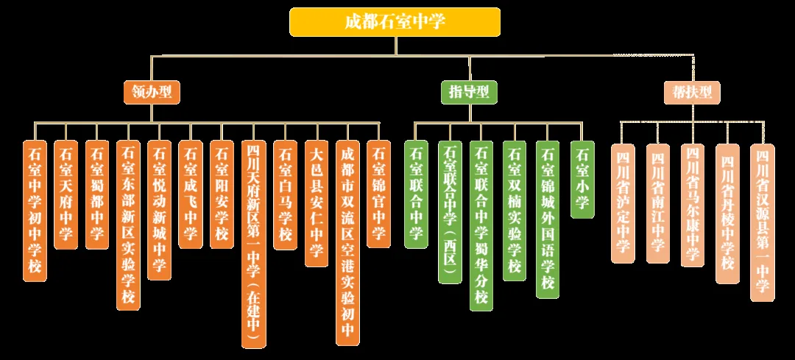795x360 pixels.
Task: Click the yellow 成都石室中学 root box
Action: pyautogui.click(x=395, y=22)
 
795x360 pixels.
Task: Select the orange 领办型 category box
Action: pyautogui.click(x=152, y=92)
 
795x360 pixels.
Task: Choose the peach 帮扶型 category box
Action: pyautogui.click(x=692, y=92)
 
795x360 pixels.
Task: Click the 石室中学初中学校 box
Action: pyautogui.click(x=35, y=211)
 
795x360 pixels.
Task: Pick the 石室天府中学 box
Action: pyautogui.click(x=66, y=194)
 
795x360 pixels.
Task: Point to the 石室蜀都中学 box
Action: pyautogui.click(x=97, y=194)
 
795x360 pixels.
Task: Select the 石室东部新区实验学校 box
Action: pyautogui.click(x=128, y=225)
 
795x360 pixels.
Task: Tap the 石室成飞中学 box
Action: pyautogui.click(x=190, y=194)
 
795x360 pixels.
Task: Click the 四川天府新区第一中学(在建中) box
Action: pyautogui.click(x=253, y=244)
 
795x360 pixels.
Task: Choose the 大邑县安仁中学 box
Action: pyautogui.click(x=317, y=203)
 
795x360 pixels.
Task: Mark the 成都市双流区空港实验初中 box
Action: pyautogui.click(x=347, y=242)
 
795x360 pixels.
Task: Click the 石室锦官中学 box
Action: pyautogui.click(x=378, y=194)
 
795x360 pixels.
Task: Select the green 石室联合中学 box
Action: pyautogui.click(x=416, y=194)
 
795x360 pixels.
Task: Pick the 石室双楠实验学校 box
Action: pyautogui.click(x=515, y=211)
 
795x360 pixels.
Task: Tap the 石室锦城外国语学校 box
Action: pyautogui.click(x=548, y=219)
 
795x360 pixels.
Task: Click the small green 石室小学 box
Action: pyautogui.click(x=582, y=179)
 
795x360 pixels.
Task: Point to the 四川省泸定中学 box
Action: pyautogui.click(x=623, y=203)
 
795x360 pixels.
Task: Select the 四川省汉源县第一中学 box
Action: pyautogui.click(x=762, y=222)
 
